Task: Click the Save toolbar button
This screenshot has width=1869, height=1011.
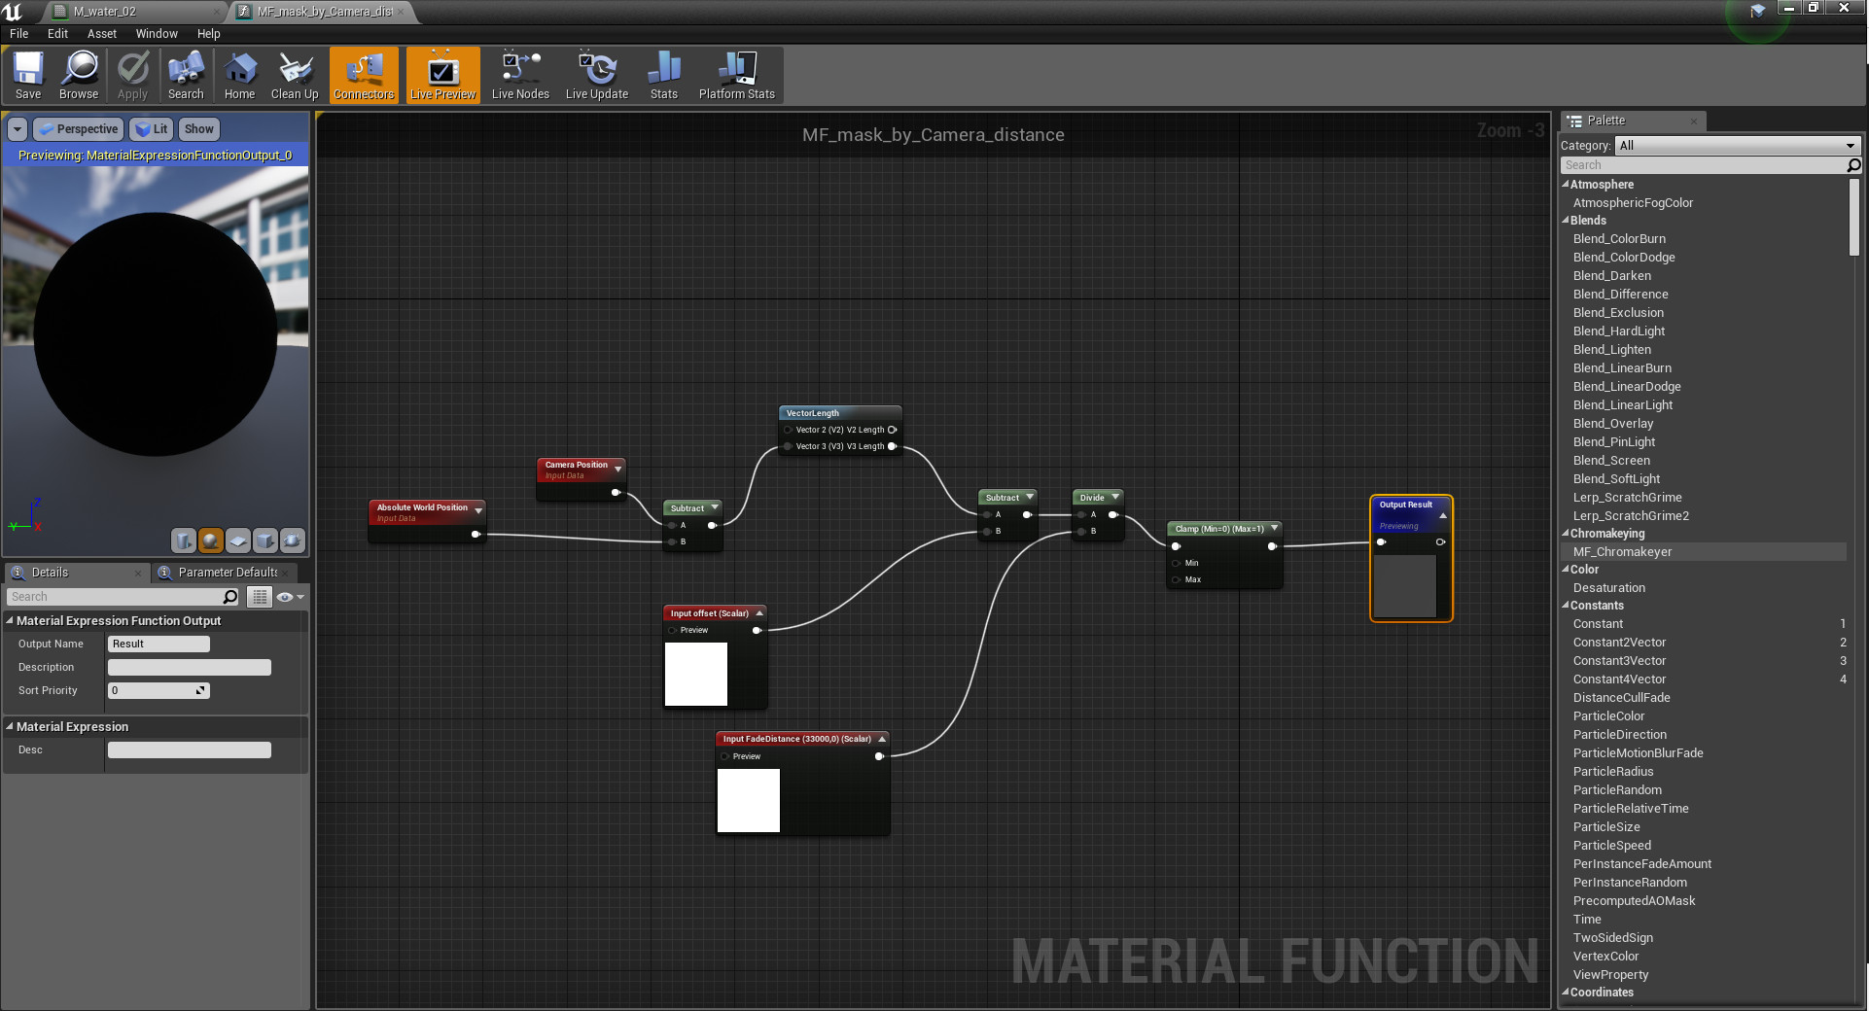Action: point(28,76)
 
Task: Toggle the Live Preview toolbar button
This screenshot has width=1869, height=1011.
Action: point(442,76)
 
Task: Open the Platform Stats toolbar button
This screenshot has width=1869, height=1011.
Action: point(736,76)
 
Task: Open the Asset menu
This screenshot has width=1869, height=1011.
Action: point(101,33)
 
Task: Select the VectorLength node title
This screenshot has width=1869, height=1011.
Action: point(813,413)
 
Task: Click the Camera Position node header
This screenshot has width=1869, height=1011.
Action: point(577,466)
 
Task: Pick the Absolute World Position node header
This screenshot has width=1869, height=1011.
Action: point(422,508)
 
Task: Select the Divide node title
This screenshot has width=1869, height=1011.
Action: point(1092,498)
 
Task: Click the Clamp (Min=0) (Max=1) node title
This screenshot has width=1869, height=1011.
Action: point(1219,529)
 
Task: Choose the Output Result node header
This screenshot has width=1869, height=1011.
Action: point(1405,505)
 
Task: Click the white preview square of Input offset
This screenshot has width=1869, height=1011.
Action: point(696,674)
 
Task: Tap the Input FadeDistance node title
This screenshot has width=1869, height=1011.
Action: point(797,739)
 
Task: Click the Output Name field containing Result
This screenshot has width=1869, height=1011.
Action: point(159,644)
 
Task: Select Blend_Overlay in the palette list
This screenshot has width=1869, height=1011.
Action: point(1613,424)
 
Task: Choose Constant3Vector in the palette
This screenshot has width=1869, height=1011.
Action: point(1619,661)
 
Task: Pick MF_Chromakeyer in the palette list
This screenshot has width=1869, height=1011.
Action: point(1623,552)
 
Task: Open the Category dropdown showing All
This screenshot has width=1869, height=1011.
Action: point(1737,146)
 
